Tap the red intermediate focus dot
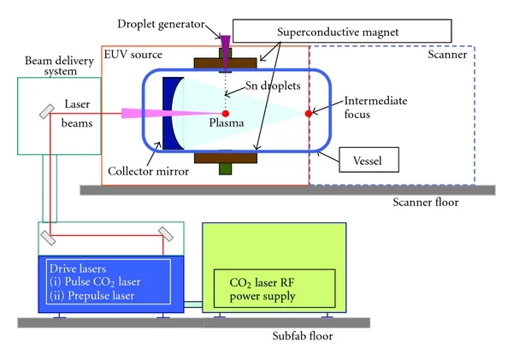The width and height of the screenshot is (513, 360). [x=309, y=111]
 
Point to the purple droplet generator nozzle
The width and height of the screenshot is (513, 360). [x=226, y=42]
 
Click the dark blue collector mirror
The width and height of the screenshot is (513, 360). [x=172, y=112]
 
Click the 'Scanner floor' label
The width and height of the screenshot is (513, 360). [x=424, y=203]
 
